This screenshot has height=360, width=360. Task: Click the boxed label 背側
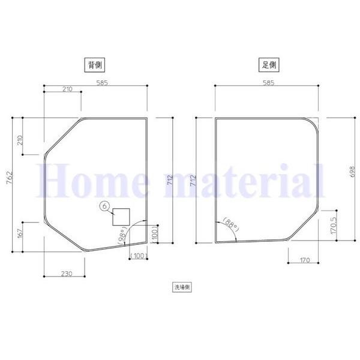95,65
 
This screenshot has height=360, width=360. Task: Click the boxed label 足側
269,65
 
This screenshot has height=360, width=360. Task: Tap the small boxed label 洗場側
182,287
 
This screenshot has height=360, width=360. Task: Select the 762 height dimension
10,178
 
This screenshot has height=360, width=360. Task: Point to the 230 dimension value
67,274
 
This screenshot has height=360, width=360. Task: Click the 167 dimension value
20,234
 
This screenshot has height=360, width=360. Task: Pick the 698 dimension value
352,172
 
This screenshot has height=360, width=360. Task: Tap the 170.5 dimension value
334,225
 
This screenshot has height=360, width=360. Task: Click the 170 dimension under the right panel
305,260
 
